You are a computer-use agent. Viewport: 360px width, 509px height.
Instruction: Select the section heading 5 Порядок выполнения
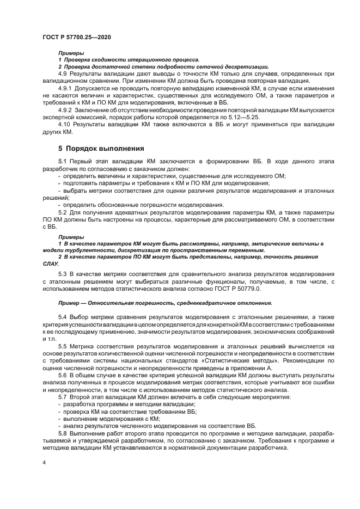coord(101,148)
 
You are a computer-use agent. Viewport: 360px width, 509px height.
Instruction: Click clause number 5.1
coord(62,162)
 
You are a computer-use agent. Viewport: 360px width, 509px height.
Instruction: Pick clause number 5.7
coord(62,397)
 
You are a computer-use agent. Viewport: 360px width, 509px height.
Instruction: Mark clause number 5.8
coord(62,434)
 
